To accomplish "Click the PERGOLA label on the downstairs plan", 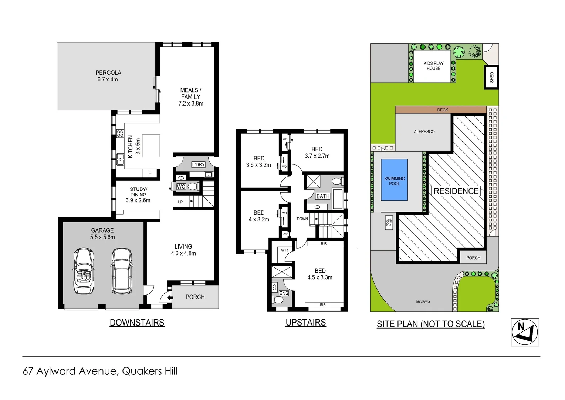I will coord(108,73).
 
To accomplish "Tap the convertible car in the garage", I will coord(84,271).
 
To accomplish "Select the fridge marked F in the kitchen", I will coord(150,173).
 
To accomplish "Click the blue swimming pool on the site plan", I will coord(394,180).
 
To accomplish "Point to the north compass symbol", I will coord(525,332).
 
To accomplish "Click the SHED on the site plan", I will coord(491,77).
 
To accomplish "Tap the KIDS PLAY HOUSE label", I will coord(433,66).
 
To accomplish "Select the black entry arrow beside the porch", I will coord(170,297).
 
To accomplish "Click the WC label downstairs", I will coord(181,187).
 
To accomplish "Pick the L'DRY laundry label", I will coord(198,164).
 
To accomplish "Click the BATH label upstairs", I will coord(322,196).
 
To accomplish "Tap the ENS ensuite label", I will coord(284,293).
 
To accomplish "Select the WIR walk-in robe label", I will coord(284,250).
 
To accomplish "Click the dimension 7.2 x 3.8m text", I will coord(191,104).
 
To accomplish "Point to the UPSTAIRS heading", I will coord(306,323).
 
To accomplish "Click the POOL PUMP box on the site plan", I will coord(389,222).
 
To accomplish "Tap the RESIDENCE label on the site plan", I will coord(456,191).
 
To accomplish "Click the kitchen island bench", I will coord(151,146).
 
